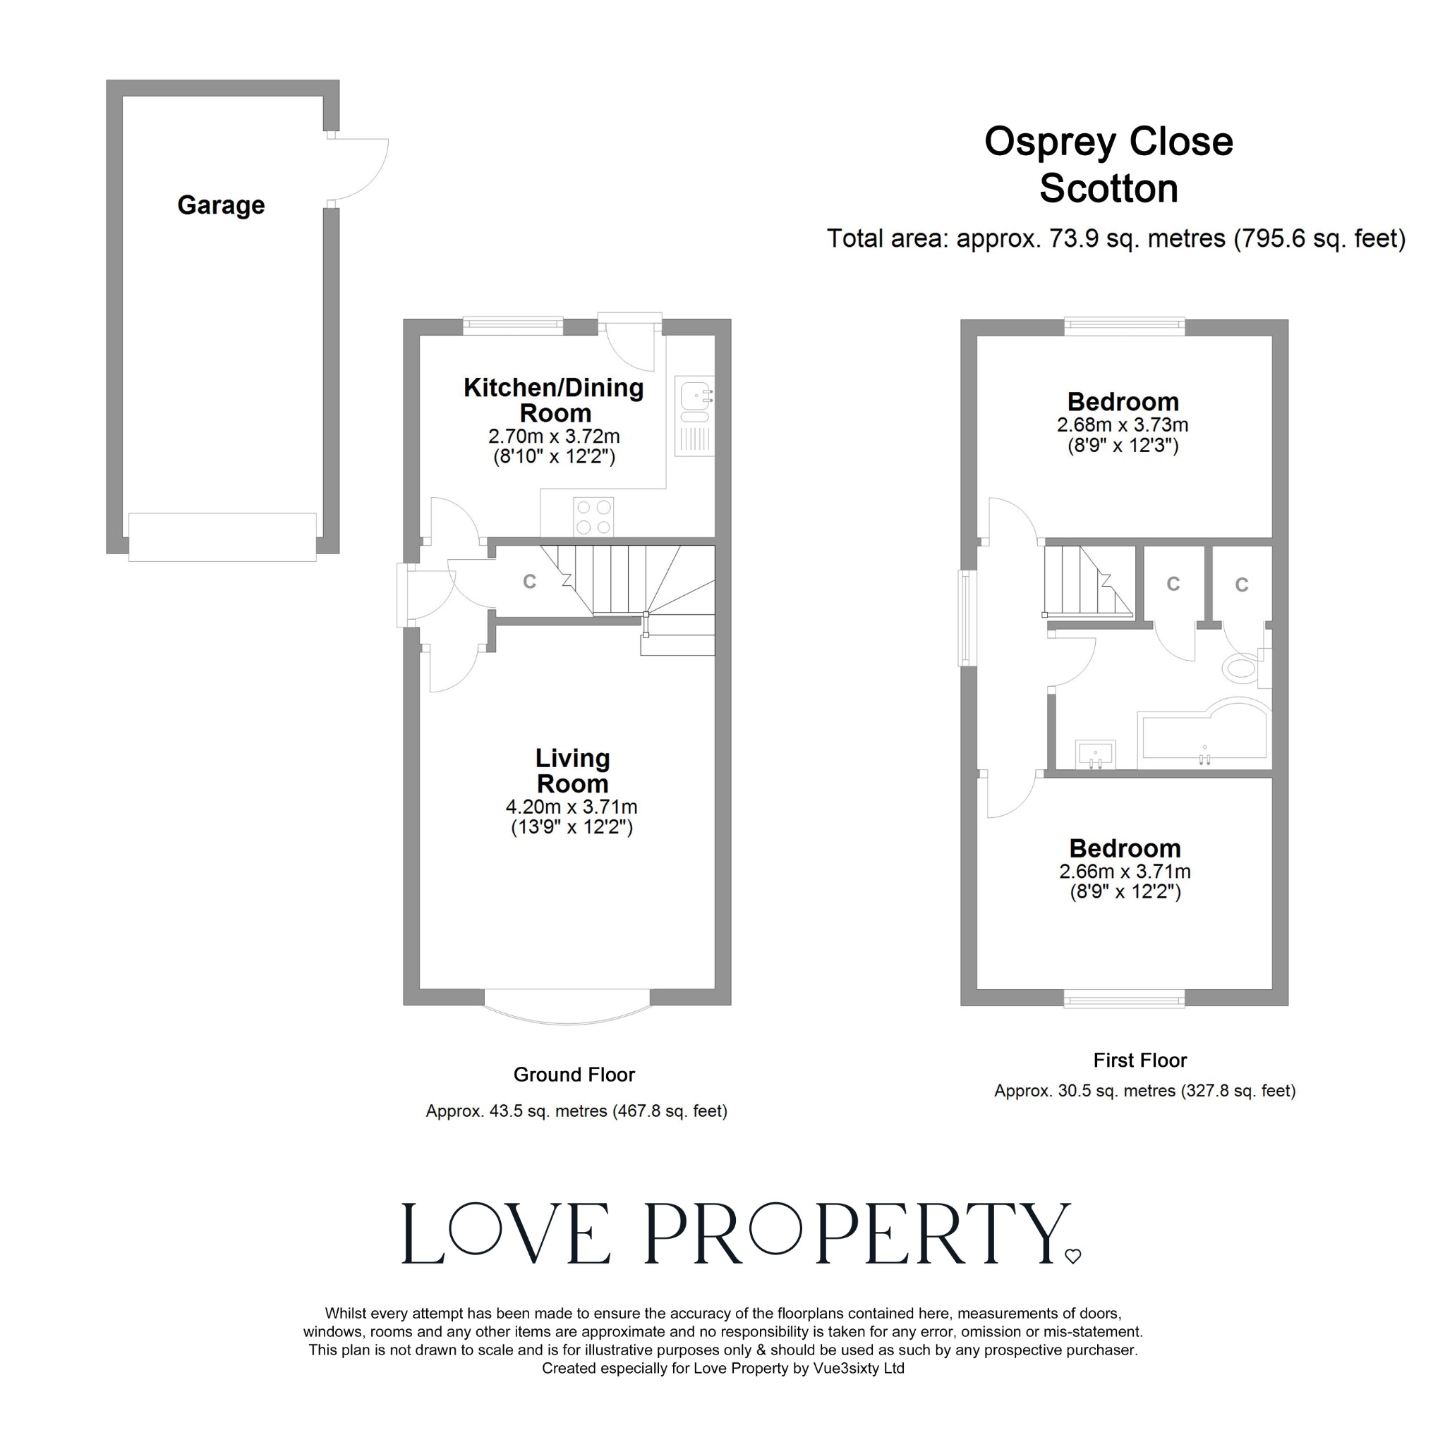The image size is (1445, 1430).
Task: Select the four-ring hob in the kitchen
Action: (594, 517)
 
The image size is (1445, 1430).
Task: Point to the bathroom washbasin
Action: (1095, 754)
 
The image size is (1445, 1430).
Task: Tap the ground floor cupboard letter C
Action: (530, 582)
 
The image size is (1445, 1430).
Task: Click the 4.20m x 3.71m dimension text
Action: (572, 807)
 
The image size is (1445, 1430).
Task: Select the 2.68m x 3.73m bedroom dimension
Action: (1122, 425)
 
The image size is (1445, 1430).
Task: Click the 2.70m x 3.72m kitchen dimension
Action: (553, 436)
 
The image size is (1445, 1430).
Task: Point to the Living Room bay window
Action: (569, 1010)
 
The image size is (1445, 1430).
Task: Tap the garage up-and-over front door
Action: (222, 537)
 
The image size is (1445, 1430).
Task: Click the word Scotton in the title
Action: (1108, 188)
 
